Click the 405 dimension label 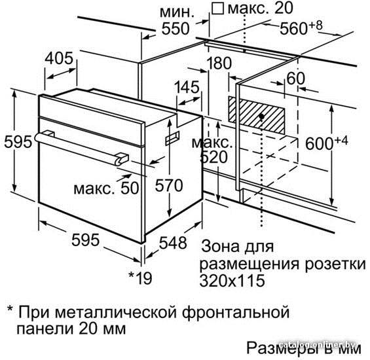pos(59,58)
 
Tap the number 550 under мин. pos(176,29)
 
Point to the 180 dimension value pos(219,63)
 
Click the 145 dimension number pos(187,87)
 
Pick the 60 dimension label pos(295,78)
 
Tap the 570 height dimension pos(169,185)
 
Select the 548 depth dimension pos(173,243)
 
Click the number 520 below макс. pos(213,157)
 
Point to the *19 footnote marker pos(140,278)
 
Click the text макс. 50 pos(106,188)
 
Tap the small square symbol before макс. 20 pos(217,9)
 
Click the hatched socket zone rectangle pos(256,115)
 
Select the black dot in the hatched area pos(261,116)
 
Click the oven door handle pos(81,148)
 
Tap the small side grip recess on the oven pos(172,139)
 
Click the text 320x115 pos(232,281)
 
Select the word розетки pos(335,264)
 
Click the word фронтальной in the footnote pos(236,312)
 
